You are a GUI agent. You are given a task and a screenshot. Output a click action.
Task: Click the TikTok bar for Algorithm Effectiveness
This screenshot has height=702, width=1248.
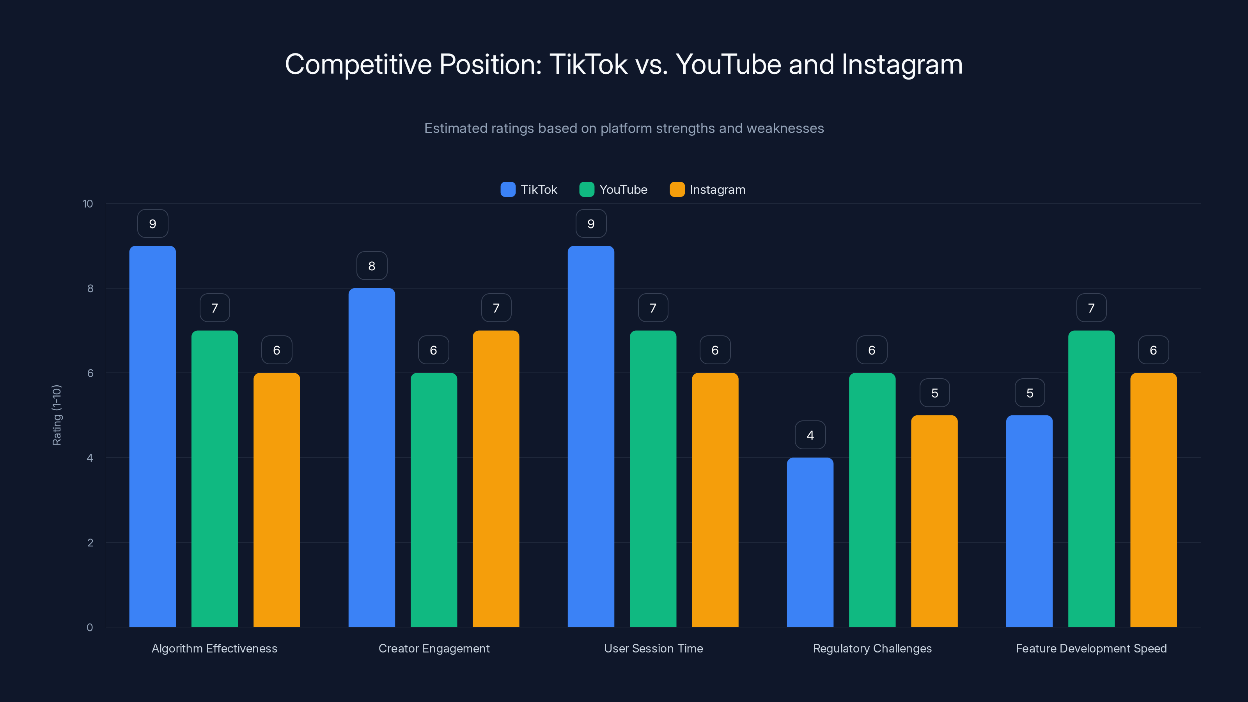coord(152,436)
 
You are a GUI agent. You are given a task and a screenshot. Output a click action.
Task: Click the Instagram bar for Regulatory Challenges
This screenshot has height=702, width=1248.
coord(934,521)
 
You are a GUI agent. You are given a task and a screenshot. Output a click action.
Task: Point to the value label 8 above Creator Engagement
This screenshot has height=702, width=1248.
coord(372,266)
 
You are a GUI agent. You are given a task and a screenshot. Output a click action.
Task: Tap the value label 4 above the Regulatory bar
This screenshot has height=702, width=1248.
coord(810,435)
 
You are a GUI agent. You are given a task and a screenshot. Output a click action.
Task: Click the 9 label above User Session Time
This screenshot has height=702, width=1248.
coord(590,224)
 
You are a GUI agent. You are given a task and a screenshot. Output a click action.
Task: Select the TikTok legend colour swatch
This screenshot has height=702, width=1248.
coord(508,190)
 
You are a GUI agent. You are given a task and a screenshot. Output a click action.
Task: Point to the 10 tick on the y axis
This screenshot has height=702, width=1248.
coord(88,204)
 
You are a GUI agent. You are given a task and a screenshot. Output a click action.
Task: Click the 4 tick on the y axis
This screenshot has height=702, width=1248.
coord(90,458)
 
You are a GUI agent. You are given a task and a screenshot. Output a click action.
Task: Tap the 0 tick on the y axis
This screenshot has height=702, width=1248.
coord(90,628)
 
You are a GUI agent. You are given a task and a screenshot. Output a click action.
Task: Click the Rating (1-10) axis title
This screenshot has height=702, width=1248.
coord(57,415)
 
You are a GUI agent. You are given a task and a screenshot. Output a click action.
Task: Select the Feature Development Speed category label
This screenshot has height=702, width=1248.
coord(1091,648)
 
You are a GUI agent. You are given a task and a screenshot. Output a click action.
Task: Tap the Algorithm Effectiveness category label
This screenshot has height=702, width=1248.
coord(214,648)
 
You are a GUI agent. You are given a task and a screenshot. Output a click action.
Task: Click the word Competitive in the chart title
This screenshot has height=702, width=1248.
coord(358,64)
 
